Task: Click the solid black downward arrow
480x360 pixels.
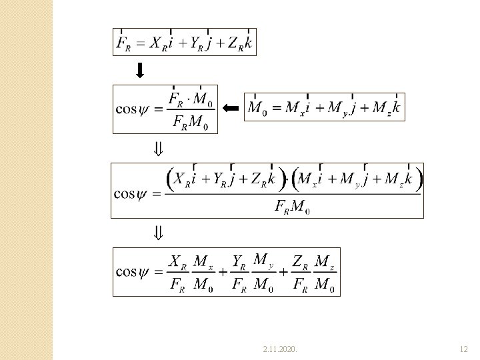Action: [x=141, y=69]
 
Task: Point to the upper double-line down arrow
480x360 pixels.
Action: [x=159, y=148]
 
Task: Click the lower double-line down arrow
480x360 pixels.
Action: [x=159, y=233]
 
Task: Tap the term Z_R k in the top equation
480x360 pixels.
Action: [x=238, y=43]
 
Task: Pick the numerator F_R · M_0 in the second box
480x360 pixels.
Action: [x=191, y=99]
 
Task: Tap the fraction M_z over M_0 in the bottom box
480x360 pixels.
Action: [x=325, y=272]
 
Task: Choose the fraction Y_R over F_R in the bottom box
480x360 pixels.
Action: [x=241, y=272]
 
